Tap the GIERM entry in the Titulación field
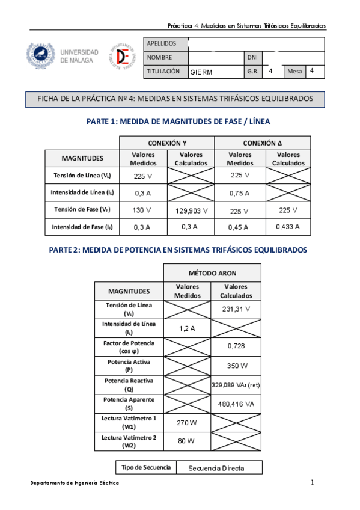(x=201, y=72)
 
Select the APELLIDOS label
(x=162, y=44)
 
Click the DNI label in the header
(x=252, y=58)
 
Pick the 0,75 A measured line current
(x=240, y=194)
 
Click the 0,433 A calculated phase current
(x=288, y=227)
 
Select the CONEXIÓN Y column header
(x=166, y=143)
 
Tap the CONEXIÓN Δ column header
(x=262, y=143)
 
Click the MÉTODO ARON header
(x=212, y=273)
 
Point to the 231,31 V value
(x=236, y=309)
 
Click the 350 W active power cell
(x=236, y=366)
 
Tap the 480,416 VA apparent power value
(x=236, y=404)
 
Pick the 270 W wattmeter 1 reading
(x=187, y=423)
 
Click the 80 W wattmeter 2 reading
(x=186, y=441)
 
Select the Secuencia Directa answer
(x=216, y=468)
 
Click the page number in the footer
(x=313, y=483)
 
